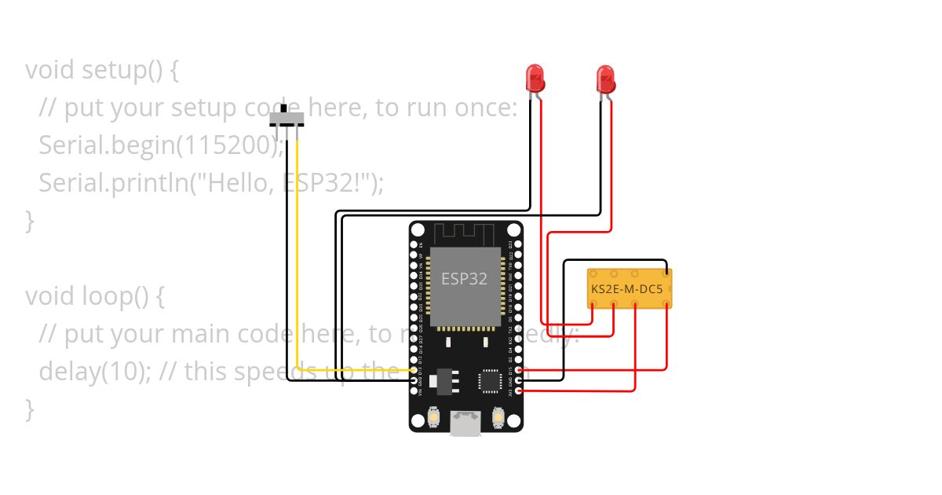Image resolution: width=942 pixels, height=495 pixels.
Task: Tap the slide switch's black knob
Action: click(284, 107)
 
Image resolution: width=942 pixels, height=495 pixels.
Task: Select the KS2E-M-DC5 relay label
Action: click(626, 290)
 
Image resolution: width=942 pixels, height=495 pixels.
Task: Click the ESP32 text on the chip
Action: click(464, 278)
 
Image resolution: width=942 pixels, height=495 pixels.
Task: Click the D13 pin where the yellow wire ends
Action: click(414, 370)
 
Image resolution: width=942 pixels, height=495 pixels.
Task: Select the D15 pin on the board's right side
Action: click(518, 370)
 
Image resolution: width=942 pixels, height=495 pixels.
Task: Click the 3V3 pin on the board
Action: click(518, 390)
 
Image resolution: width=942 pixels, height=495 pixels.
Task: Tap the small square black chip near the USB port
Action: click(491, 381)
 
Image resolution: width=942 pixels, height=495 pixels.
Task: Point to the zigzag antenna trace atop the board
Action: click(466, 233)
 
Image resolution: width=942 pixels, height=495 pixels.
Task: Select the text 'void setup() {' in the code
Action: click(102, 70)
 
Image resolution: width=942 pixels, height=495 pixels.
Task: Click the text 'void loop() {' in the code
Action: click(97, 296)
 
